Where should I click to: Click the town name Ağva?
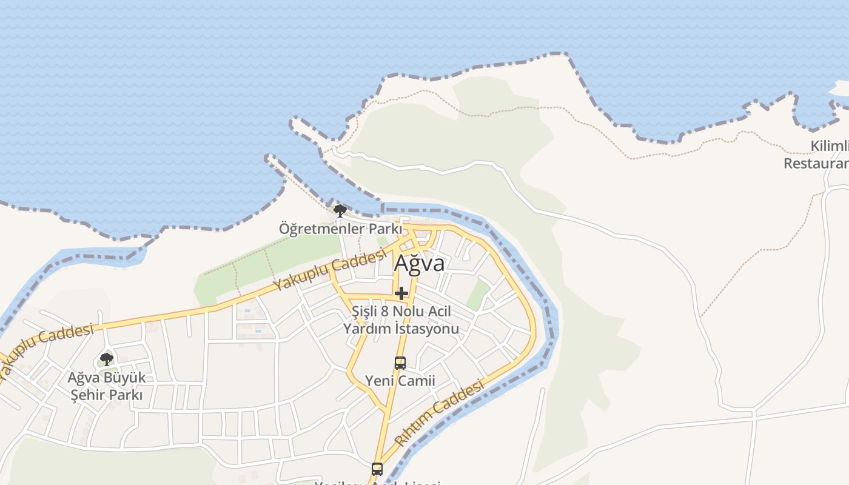click(x=419, y=264)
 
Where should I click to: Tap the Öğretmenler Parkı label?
click(x=340, y=229)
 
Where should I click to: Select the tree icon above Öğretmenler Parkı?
click(x=340, y=211)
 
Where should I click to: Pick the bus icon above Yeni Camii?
click(x=400, y=363)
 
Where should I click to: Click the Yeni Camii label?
click(x=400, y=381)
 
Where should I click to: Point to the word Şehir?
click(x=89, y=395)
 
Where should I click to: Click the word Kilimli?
click(x=829, y=146)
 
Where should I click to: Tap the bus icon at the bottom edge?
click(x=377, y=469)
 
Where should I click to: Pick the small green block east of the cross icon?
click(x=478, y=295)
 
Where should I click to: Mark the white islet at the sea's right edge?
click(x=840, y=89)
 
